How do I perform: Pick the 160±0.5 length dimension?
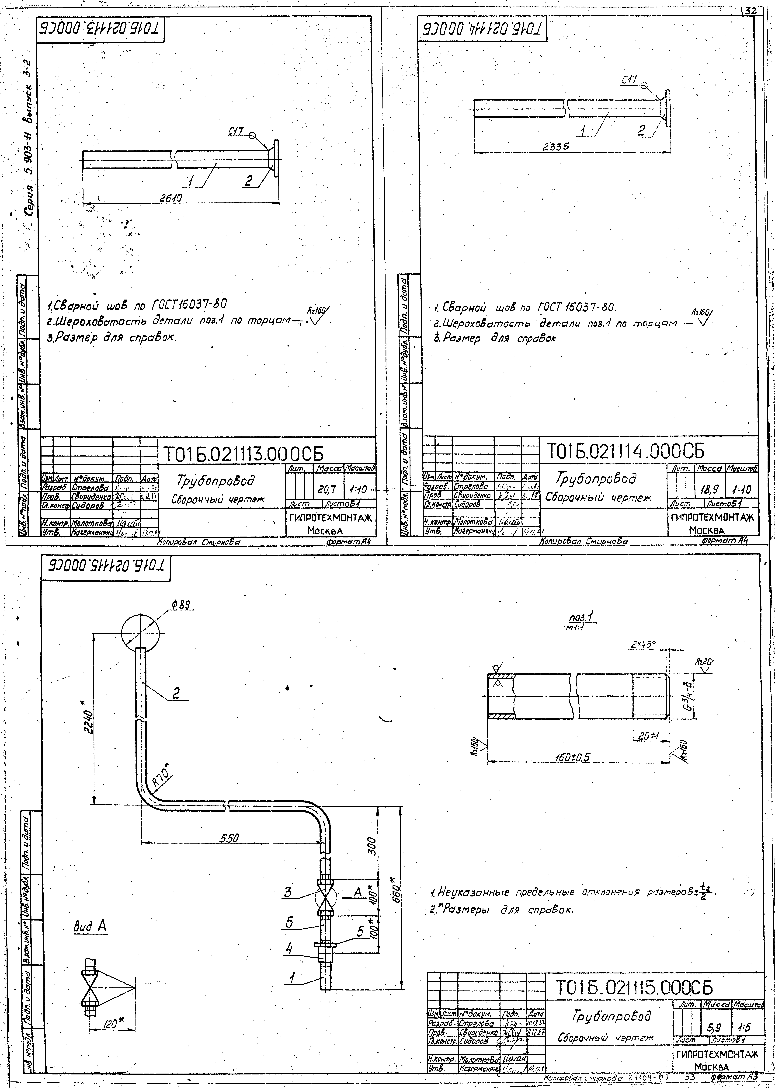[x=573, y=757]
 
